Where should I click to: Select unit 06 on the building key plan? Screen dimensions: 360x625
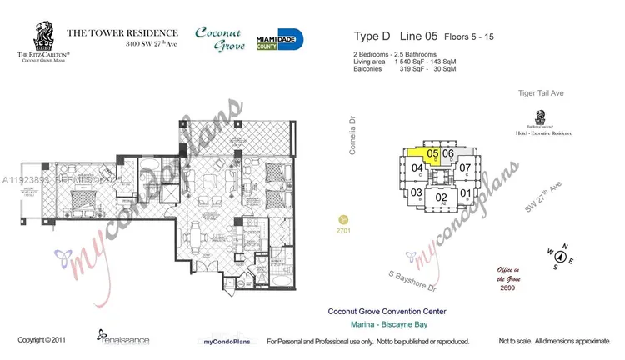pyautogui.click(x=448, y=153)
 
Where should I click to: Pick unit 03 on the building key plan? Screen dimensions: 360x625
pyautogui.click(x=416, y=192)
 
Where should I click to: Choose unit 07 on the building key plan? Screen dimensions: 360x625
pyautogui.click(x=466, y=167)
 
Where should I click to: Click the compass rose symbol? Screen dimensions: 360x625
pyautogui.click(x=561, y=256)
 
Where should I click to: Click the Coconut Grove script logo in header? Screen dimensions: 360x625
pyautogui.click(x=219, y=39)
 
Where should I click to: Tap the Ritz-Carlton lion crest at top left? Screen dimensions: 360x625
pyautogui.click(x=40, y=36)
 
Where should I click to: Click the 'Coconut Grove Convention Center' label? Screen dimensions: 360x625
pyautogui.click(x=387, y=312)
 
